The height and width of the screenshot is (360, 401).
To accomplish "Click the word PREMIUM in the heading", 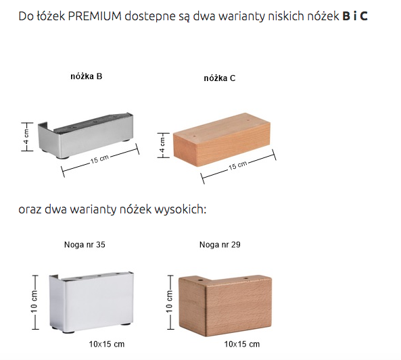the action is click(95, 16).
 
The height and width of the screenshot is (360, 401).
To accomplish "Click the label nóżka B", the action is click(87, 76).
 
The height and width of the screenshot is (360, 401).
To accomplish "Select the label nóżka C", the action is click(219, 78).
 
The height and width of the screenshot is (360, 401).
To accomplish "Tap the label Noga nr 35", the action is click(85, 245).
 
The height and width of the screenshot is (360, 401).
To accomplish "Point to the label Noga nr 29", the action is click(220, 245).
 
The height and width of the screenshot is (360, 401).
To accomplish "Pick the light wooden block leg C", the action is click(222, 140).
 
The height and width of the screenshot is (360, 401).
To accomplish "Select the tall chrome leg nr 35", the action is click(91, 303).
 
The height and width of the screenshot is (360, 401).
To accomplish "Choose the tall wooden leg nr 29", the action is click(225, 305).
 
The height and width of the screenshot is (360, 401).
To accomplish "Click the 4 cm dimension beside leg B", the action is click(27, 136).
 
